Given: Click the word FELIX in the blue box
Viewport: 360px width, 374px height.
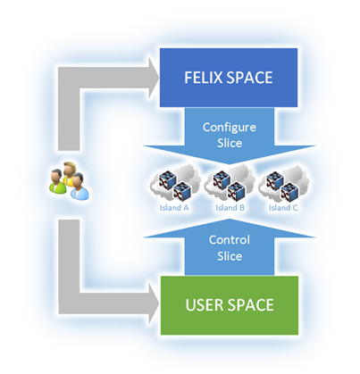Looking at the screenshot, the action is pos(204,78).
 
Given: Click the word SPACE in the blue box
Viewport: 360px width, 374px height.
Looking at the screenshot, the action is pos(249,78).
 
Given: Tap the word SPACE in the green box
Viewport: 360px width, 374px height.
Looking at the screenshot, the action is pos(252,305).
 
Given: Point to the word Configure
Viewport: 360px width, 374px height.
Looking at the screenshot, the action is pos(230,128).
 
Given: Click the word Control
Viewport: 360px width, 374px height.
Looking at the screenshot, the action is pos(230,240).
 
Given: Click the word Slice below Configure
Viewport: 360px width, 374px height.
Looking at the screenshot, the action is pos(230,143).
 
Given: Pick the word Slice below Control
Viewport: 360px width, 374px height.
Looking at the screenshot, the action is pos(230,256).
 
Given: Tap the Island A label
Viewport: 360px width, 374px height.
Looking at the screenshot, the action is pos(174,208).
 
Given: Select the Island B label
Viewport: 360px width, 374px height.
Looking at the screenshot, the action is pos(230,208).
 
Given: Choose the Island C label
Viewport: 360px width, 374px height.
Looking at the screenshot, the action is pos(283,208).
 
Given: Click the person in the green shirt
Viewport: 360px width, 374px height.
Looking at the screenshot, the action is pos(57,181).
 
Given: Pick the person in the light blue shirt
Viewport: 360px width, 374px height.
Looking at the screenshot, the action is pos(80,187).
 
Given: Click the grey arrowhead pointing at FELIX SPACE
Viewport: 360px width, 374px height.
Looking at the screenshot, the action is pos(154,78).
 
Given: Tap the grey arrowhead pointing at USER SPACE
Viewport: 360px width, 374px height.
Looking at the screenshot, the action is pos(155,303).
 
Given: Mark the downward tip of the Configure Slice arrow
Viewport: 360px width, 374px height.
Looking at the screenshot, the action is pos(229,164).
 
